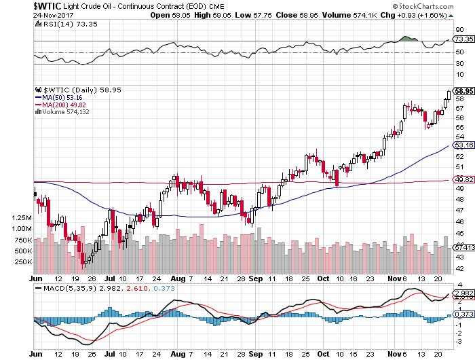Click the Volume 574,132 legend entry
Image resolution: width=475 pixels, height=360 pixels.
(66, 112)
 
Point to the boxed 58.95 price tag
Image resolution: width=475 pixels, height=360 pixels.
(463, 91)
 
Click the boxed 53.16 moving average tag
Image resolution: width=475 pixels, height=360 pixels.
(463, 145)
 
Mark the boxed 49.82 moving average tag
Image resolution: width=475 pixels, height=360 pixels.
(463, 179)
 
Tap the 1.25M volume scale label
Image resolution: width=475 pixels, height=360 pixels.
(20, 217)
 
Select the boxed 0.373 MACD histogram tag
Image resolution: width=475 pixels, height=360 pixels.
(463, 314)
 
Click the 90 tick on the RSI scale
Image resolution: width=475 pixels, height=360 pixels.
(459, 30)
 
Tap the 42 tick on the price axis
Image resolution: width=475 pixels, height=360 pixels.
(459, 268)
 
